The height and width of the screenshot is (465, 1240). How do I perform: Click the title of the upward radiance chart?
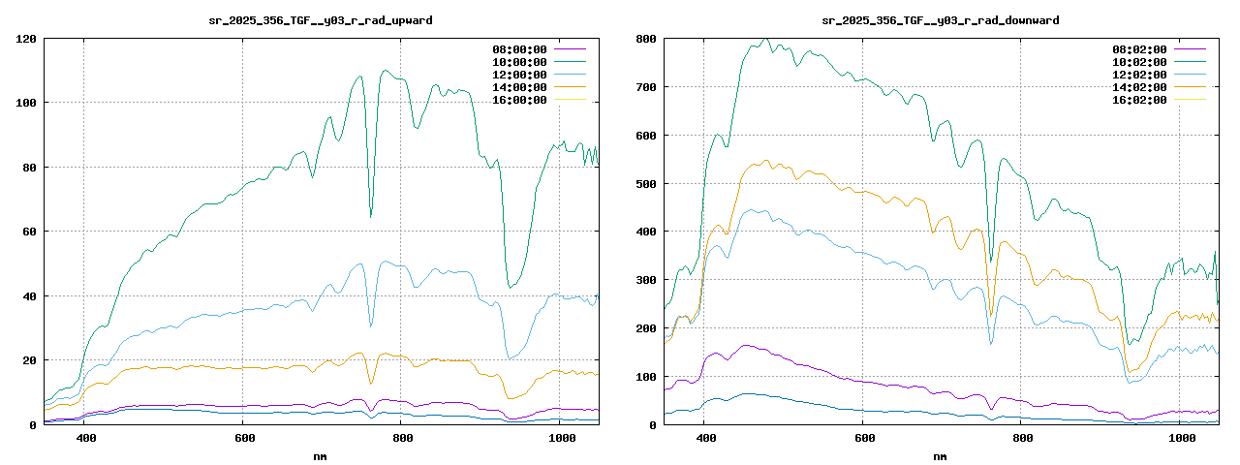click(321, 19)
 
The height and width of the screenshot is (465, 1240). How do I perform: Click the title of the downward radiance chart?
click(940, 19)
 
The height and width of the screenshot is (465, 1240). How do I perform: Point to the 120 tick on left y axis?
click(26, 39)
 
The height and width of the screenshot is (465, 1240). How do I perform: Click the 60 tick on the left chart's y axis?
click(29, 232)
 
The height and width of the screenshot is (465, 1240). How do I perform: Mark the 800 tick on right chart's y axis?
click(645, 39)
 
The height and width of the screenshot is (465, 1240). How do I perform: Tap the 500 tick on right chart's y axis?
click(645, 183)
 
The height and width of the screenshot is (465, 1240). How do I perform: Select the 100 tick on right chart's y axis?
click(645, 376)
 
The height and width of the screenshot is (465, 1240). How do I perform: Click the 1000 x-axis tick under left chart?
click(562, 438)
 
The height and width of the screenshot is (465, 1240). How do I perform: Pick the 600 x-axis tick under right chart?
click(862, 438)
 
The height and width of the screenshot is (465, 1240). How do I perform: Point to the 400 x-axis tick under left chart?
click(85, 438)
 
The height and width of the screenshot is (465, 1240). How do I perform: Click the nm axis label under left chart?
click(321, 454)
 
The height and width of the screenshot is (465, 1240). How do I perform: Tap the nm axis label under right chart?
click(940, 454)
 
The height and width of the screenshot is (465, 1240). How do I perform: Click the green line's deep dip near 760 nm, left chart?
click(371, 216)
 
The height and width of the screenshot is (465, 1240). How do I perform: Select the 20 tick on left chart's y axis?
click(29, 360)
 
